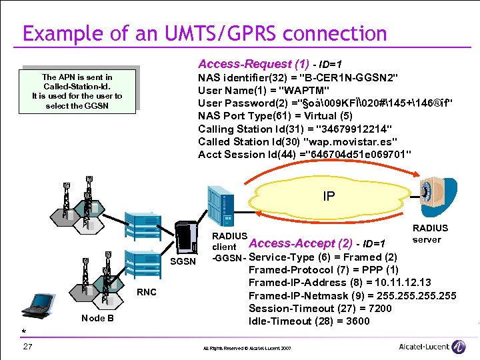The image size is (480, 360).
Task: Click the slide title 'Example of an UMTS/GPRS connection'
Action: (x=204, y=34)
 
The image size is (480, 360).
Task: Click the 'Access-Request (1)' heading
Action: (x=254, y=64)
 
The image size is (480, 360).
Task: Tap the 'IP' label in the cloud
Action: (x=329, y=197)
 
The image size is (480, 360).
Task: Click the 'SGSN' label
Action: (x=183, y=261)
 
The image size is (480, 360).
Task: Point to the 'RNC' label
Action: (x=147, y=292)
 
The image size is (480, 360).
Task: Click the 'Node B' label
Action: (x=97, y=318)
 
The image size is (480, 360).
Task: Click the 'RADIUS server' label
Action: (x=431, y=233)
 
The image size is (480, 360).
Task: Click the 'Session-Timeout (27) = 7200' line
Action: (x=320, y=308)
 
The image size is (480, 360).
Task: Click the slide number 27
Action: (x=27, y=346)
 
